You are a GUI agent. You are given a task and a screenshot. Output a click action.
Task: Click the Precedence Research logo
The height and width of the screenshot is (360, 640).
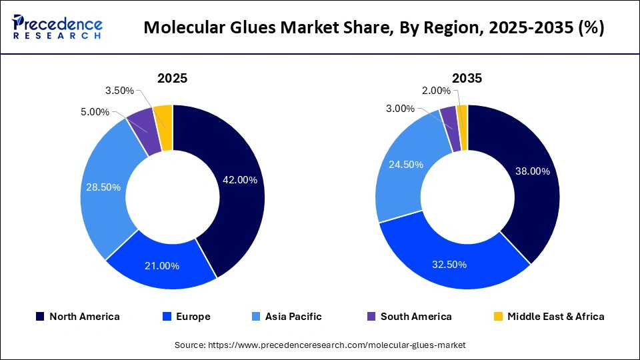point(57,27)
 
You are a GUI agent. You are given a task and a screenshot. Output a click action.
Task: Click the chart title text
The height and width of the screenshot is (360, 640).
point(374,28)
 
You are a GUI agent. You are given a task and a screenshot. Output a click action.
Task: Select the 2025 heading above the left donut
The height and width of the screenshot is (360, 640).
point(172,78)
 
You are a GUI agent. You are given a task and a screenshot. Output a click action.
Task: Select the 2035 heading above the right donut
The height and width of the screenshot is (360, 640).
point(467,78)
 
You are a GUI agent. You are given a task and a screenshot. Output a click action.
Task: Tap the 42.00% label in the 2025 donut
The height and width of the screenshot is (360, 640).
point(239,180)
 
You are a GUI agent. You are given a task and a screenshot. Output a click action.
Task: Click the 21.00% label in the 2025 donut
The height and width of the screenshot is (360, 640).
point(162,266)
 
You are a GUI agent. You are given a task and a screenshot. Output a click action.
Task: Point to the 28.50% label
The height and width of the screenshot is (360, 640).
point(103,187)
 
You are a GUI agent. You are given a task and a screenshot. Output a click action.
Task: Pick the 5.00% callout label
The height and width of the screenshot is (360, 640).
point(95,112)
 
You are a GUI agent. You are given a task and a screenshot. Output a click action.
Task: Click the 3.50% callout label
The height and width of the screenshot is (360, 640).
point(120,91)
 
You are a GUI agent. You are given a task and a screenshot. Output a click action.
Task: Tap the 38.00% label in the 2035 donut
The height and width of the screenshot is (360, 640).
point(533,171)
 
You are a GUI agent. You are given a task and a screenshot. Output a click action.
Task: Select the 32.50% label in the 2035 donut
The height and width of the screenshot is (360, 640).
point(449,265)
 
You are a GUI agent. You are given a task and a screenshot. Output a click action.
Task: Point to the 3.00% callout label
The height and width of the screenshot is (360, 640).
point(400,109)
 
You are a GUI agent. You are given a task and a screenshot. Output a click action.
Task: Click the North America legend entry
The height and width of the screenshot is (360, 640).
point(77,317)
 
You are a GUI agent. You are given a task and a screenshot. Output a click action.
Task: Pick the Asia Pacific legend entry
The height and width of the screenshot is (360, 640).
point(287,317)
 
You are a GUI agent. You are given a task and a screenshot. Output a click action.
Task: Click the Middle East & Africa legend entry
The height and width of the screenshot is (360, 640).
point(548,317)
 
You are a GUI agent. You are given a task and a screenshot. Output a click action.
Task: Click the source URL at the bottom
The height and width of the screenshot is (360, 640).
point(320,345)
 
